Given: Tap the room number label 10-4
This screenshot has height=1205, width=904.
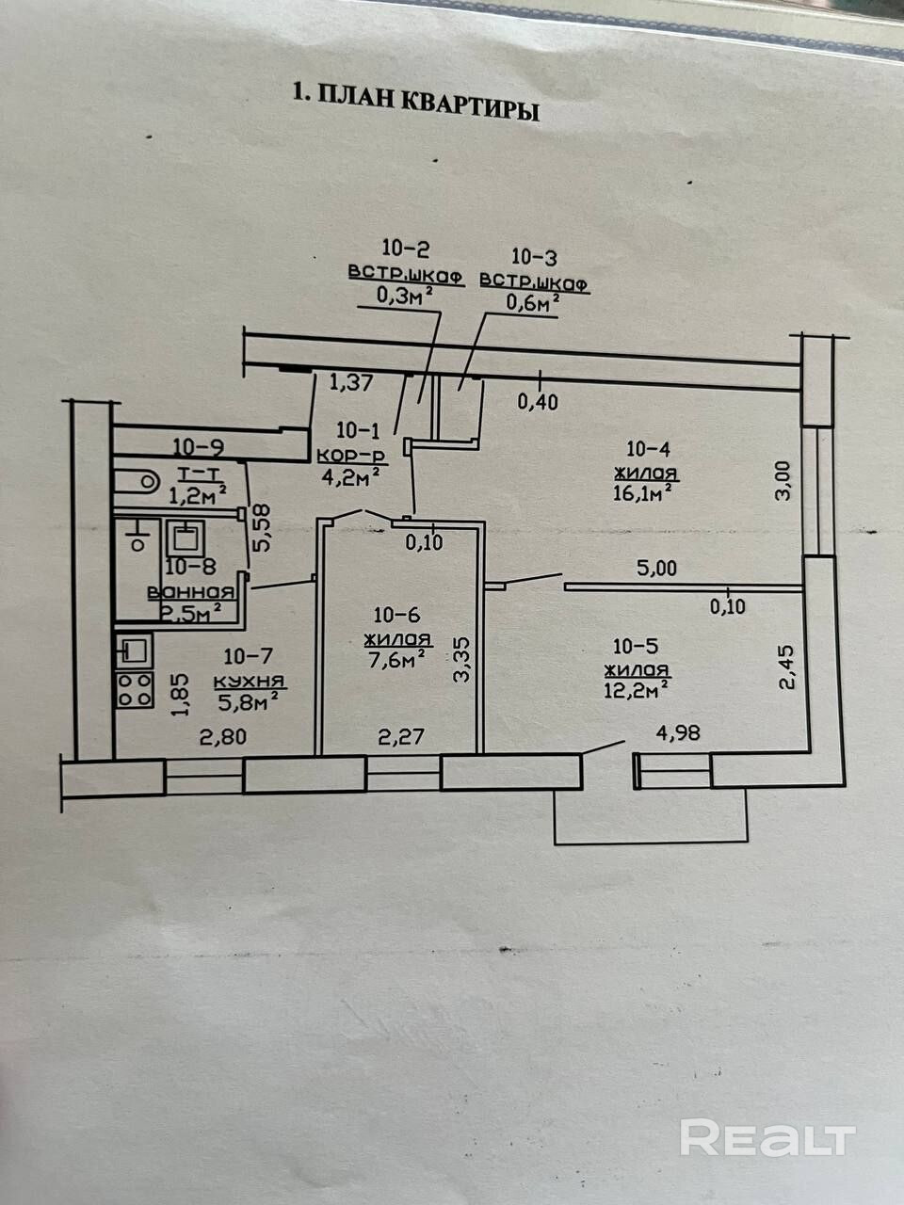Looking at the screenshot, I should point(647,450).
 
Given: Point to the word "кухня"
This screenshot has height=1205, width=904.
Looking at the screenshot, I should point(250,681).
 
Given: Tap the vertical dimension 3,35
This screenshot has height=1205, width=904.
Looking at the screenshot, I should point(461,658).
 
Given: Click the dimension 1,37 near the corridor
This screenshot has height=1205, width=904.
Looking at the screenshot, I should point(352,382).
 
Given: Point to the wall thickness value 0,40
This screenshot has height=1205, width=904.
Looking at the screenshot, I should point(538,402).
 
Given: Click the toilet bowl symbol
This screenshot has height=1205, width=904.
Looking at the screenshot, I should point(137,481).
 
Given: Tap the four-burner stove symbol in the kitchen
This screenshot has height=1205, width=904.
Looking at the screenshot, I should point(135,689).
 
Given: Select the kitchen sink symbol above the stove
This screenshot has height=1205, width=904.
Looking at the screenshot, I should point(133,648).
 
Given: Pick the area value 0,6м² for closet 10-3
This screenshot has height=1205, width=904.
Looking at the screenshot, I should point(534,303).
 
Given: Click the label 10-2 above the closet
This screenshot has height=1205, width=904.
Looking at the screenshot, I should point(406,249).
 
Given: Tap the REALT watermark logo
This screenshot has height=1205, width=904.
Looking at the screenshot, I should point(767,1137).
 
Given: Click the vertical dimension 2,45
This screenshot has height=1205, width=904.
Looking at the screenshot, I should point(789,667).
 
